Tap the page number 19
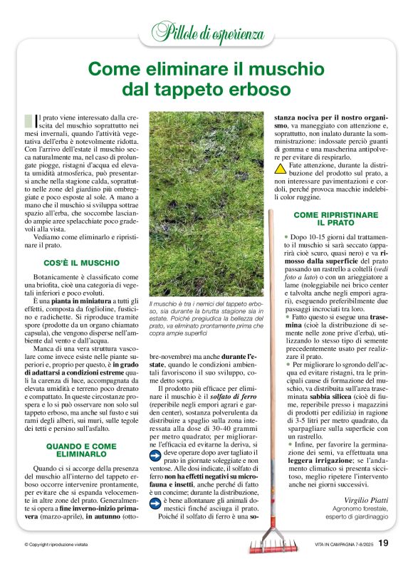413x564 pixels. click(383, 543)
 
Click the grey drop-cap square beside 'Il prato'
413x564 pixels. click(28, 120)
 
